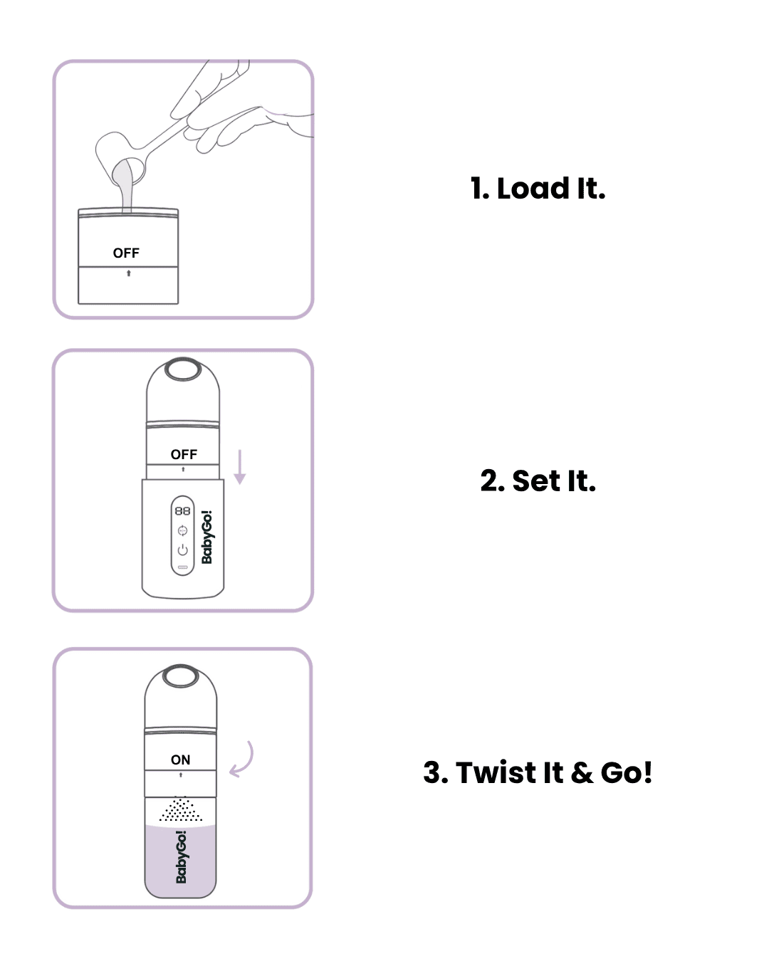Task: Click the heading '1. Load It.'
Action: coord(538,189)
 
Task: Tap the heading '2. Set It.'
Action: coord(538,481)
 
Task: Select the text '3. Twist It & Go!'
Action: coord(538,773)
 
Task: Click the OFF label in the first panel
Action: coord(126,253)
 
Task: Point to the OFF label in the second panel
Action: coord(184,454)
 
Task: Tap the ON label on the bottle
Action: coord(181,760)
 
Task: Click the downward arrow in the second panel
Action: coord(240,467)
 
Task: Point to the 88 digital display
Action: coord(183,511)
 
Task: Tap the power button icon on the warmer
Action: coord(183,550)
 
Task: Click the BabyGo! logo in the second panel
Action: coord(207,537)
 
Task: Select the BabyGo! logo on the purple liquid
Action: coord(181,857)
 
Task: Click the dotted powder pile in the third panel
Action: coord(181,809)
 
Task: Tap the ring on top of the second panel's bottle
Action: coord(183,370)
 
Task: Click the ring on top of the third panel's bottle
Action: coord(181,676)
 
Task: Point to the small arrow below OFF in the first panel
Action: coord(128,273)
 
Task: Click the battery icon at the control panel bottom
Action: coord(183,567)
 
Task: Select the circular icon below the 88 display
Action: coord(183,531)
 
